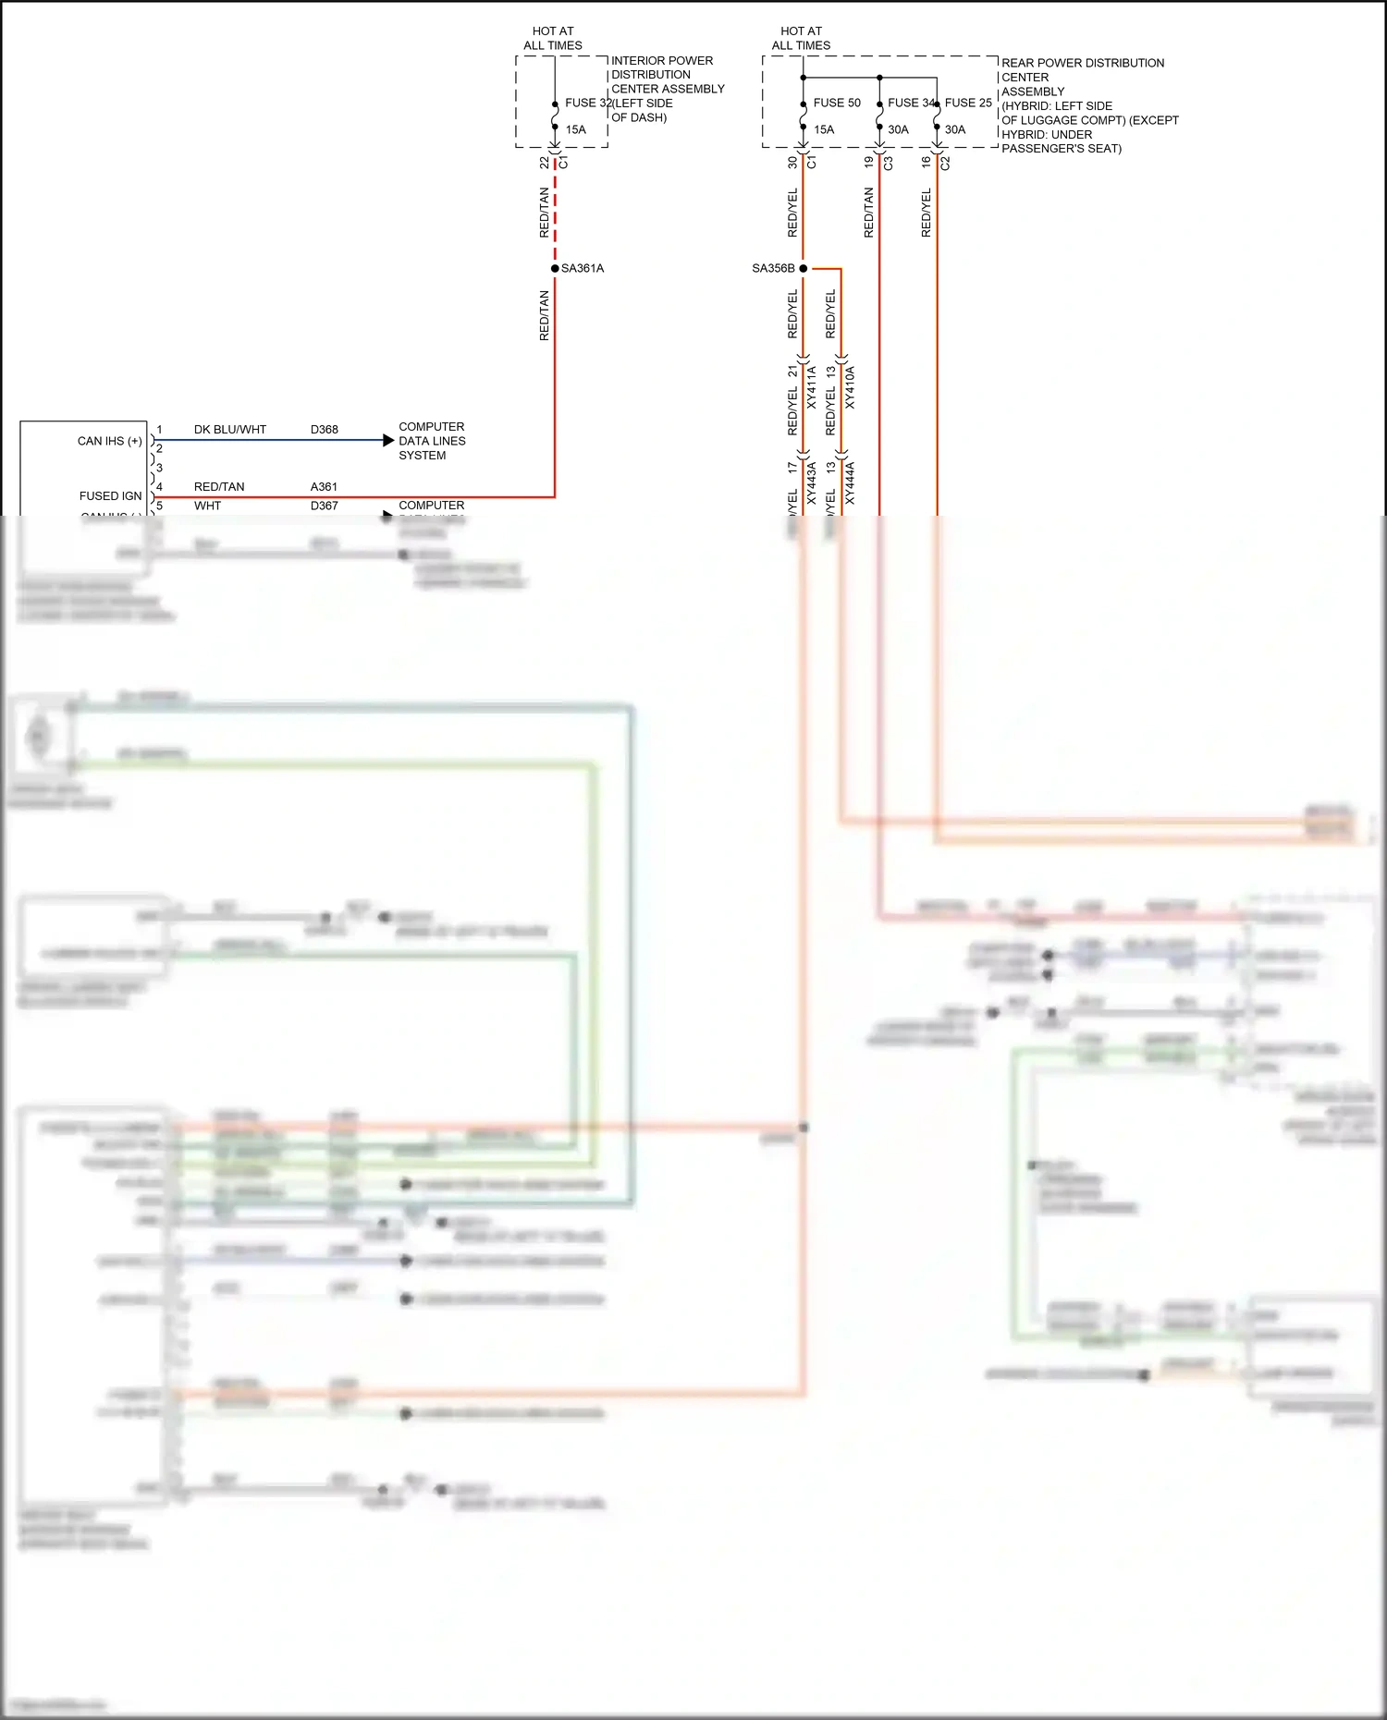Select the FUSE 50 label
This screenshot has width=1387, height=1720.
pyautogui.click(x=836, y=103)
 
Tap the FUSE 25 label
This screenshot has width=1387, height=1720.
pyautogui.click(x=968, y=103)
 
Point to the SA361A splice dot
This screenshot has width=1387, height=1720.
pyautogui.click(x=555, y=268)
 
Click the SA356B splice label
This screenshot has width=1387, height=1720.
pyautogui.click(x=773, y=268)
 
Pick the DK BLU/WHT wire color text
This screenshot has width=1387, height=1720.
pyautogui.click(x=229, y=430)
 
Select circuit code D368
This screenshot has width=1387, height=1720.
pyautogui.click(x=324, y=430)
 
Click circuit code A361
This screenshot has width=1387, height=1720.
pyautogui.click(x=324, y=487)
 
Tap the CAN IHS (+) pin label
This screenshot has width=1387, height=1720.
pyautogui.click(x=109, y=441)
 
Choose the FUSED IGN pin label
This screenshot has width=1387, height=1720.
pyautogui.click(x=110, y=496)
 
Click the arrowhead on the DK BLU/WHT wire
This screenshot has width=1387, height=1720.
pyautogui.click(x=388, y=441)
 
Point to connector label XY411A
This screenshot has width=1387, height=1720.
pyautogui.click(x=812, y=387)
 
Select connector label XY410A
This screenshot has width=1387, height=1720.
pyautogui.click(x=850, y=387)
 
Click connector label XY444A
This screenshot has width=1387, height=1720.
pyautogui.click(x=850, y=483)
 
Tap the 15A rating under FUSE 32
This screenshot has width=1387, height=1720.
pyautogui.click(x=575, y=129)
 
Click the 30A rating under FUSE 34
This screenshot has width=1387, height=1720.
pyautogui.click(x=898, y=129)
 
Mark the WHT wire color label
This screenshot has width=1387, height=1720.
pyautogui.click(x=207, y=506)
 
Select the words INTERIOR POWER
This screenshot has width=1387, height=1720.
pyautogui.click(x=661, y=61)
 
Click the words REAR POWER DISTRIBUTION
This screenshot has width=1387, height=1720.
pyautogui.click(x=1082, y=63)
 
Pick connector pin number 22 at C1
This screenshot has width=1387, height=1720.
pyautogui.click(x=544, y=163)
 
